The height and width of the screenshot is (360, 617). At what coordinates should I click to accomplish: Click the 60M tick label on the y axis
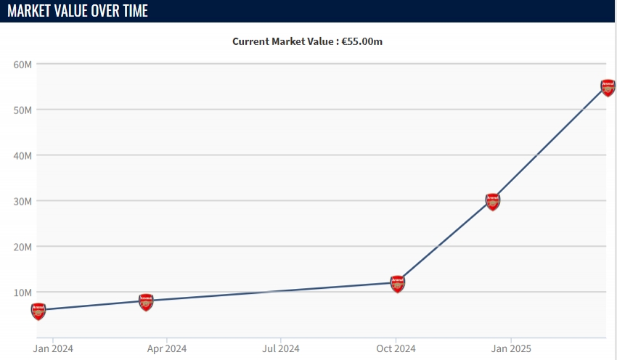pos(23,64)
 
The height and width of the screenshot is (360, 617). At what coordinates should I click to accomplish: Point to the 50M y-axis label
pos(23,110)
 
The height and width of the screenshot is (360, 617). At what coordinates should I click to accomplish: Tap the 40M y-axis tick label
pos(23,155)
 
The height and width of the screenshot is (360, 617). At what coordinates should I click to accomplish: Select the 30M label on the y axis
pos(23,201)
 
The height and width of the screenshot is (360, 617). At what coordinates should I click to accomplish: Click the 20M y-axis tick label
pos(23,247)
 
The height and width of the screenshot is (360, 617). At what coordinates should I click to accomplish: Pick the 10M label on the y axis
pos(23,292)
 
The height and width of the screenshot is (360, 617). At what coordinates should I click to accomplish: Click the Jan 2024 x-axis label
pos(53,348)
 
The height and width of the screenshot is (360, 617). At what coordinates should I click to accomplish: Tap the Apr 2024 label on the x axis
pos(166,348)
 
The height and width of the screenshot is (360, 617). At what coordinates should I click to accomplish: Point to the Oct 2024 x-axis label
pos(395,348)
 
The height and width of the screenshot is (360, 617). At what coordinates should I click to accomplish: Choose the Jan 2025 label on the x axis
pos(510,348)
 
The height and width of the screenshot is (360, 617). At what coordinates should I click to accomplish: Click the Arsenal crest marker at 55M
pos(608,88)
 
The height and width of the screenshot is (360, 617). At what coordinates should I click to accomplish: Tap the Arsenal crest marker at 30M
pos(493,201)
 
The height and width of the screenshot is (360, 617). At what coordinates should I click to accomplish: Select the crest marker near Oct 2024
pos(397,284)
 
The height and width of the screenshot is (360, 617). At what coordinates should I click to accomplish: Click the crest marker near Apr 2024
pos(146,302)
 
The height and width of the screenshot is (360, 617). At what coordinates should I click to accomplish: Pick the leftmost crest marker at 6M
pos(38,311)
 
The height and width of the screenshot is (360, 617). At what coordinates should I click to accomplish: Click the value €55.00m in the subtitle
pos(362,41)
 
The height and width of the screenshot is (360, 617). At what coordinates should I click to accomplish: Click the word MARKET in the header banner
pos(33,12)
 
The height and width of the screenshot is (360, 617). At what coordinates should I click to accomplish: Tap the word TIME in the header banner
pos(133,12)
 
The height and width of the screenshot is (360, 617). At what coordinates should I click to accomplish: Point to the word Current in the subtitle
pos(250,41)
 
